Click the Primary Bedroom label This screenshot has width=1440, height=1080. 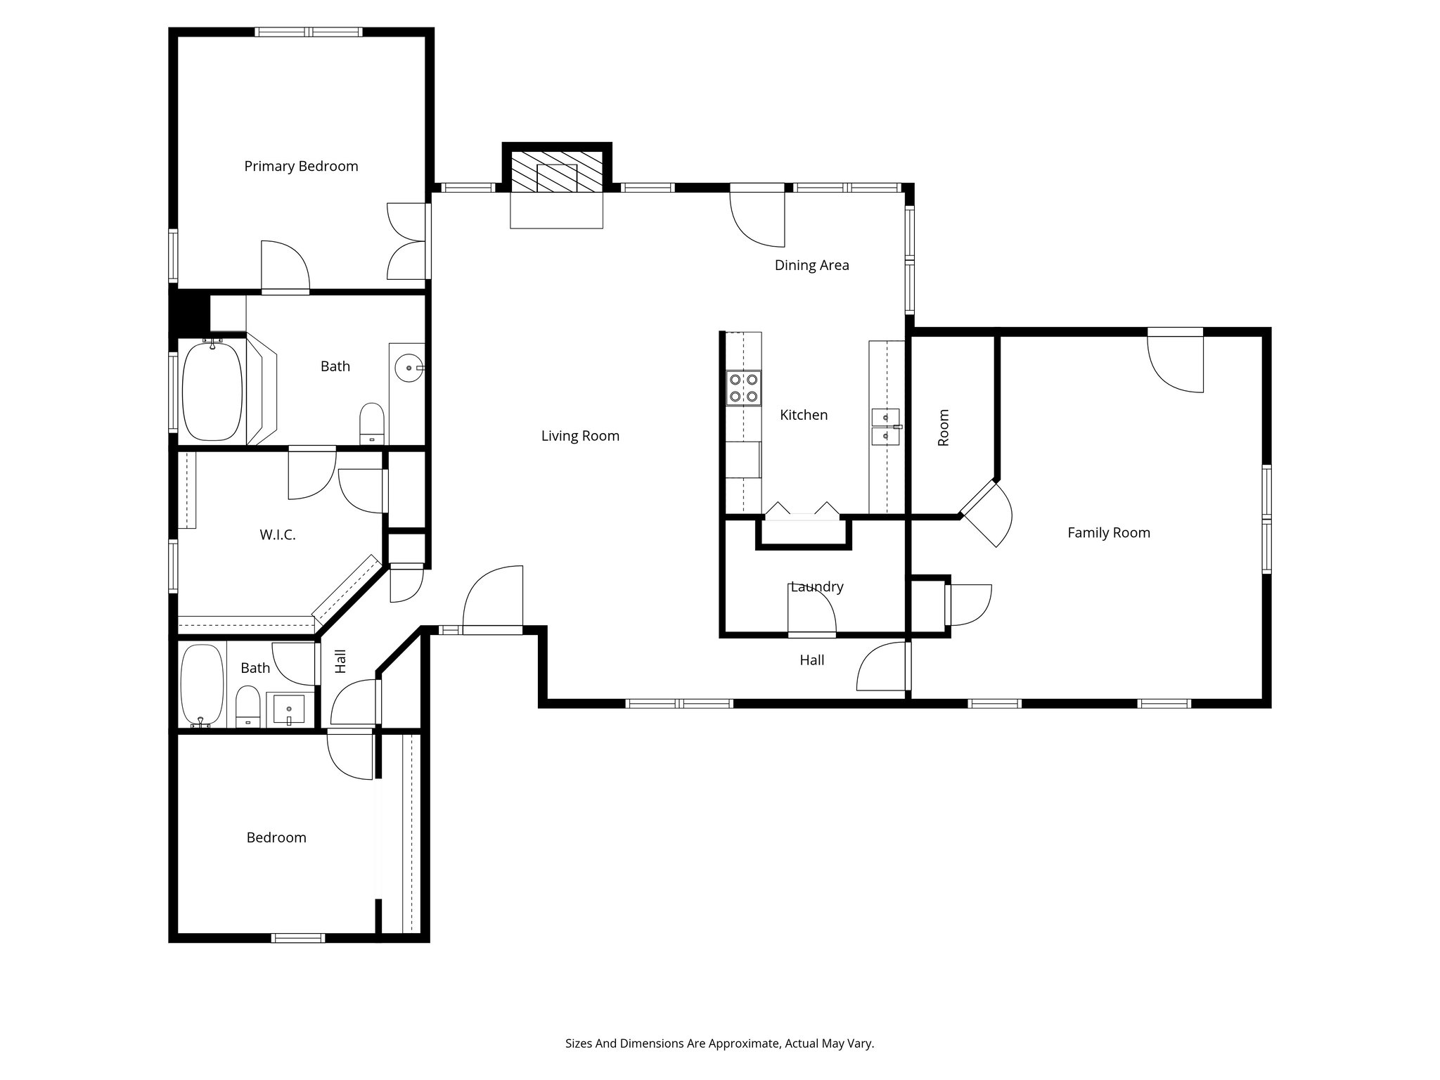pyautogui.click(x=301, y=167)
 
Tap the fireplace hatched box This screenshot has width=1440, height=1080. pyautogui.click(x=556, y=172)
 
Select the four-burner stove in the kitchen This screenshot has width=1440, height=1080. pyautogui.click(x=744, y=388)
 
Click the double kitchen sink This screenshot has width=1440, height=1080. pyautogui.click(x=886, y=427)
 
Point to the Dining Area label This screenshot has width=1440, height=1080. pyautogui.click(x=811, y=266)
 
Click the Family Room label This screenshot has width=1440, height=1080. pyautogui.click(x=1108, y=533)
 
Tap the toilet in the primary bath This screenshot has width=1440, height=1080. pyautogui.click(x=372, y=423)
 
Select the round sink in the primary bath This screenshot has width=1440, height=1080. pyautogui.click(x=408, y=368)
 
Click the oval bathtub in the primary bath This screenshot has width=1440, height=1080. pyautogui.click(x=212, y=391)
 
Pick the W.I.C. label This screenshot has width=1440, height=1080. pyautogui.click(x=278, y=535)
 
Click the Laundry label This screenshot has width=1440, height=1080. pyautogui.click(x=816, y=587)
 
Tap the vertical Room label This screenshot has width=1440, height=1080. pyautogui.click(x=944, y=427)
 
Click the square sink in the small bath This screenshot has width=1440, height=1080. pyautogui.click(x=288, y=709)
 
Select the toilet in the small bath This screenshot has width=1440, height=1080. pyautogui.click(x=247, y=706)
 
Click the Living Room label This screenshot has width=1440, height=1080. pyautogui.click(x=580, y=436)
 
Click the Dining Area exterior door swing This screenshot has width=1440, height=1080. pyautogui.click(x=759, y=218)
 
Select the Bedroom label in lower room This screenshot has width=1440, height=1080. pyautogui.click(x=276, y=837)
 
